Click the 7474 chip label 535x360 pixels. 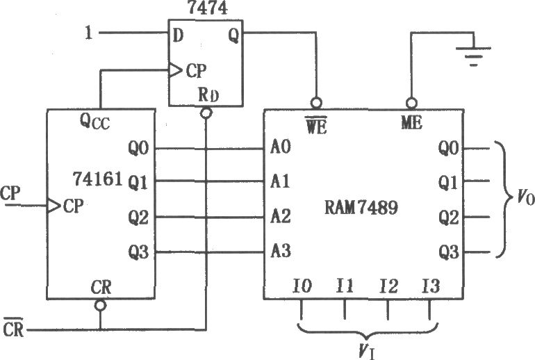(207, 8)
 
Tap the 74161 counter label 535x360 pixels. (97, 179)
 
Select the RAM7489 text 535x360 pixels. (361, 207)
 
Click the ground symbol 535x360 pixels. (473, 56)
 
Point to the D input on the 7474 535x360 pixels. (178, 35)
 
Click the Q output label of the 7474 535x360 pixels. (233, 35)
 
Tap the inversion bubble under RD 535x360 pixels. (206, 113)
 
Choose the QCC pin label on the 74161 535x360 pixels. (95, 122)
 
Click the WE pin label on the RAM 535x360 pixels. (316, 125)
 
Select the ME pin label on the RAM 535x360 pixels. (411, 122)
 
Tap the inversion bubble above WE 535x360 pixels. (316, 103)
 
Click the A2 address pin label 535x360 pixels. (281, 216)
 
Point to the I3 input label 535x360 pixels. (431, 286)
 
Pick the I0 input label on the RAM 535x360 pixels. (302, 286)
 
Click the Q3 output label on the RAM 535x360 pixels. (449, 252)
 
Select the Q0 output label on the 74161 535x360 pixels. (138, 149)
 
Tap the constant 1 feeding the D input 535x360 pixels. (89, 33)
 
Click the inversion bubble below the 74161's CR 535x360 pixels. (100, 305)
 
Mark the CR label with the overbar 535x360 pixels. (14, 328)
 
